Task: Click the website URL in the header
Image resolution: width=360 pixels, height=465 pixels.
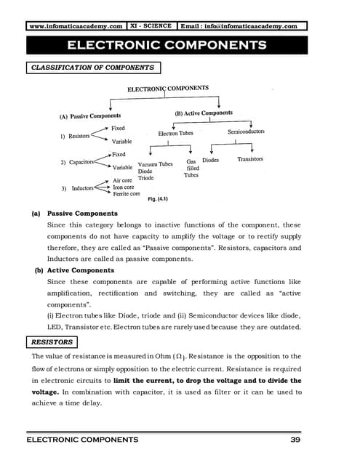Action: [x=76, y=26]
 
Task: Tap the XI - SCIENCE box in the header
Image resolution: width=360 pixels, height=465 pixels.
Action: [x=151, y=26]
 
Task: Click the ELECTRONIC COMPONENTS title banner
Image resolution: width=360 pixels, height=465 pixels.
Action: [x=167, y=46]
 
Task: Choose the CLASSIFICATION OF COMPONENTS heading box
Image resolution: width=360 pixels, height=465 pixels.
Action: [x=92, y=68]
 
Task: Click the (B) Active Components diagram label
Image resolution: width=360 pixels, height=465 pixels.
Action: [x=204, y=113]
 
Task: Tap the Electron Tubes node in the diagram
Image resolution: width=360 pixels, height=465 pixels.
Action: [x=175, y=134]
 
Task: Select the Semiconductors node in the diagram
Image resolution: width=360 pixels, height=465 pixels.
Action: [x=246, y=132]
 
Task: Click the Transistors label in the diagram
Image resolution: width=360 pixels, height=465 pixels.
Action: [x=250, y=159]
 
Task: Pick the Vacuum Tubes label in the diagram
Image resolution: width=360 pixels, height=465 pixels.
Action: [x=155, y=164]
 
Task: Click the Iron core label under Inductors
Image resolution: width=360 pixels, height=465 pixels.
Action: [x=123, y=187]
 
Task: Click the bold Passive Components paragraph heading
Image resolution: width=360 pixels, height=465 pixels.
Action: [x=82, y=214]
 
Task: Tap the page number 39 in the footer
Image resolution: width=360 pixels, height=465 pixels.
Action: [x=295, y=440]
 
